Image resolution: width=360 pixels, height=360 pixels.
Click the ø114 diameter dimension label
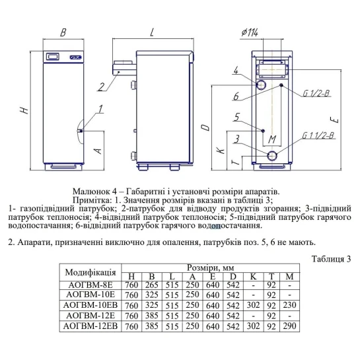(x=250, y=32)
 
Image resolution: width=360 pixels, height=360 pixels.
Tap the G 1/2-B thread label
(x=316, y=93)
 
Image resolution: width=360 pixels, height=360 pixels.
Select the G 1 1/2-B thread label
(x=318, y=135)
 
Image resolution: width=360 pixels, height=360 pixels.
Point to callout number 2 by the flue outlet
(x=101, y=87)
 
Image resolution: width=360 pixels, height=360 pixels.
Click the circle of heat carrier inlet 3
(x=272, y=156)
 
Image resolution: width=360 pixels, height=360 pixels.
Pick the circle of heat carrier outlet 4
(x=262, y=85)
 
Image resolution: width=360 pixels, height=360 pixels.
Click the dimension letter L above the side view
(x=152, y=32)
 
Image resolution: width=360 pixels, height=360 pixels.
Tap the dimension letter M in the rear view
(x=272, y=139)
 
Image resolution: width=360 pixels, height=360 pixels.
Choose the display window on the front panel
(x=53, y=57)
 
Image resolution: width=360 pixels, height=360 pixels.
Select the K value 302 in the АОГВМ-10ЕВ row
(x=253, y=305)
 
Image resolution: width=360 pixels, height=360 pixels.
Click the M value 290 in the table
(x=289, y=326)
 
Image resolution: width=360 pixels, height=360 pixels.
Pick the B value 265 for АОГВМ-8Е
(x=152, y=285)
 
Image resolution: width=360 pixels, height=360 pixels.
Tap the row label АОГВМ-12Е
(x=90, y=316)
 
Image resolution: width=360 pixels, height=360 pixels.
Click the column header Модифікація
(x=90, y=273)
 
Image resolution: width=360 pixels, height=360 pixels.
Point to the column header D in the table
(x=233, y=276)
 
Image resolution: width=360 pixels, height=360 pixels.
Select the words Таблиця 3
(x=331, y=259)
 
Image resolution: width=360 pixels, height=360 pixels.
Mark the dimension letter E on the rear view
(x=335, y=120)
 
